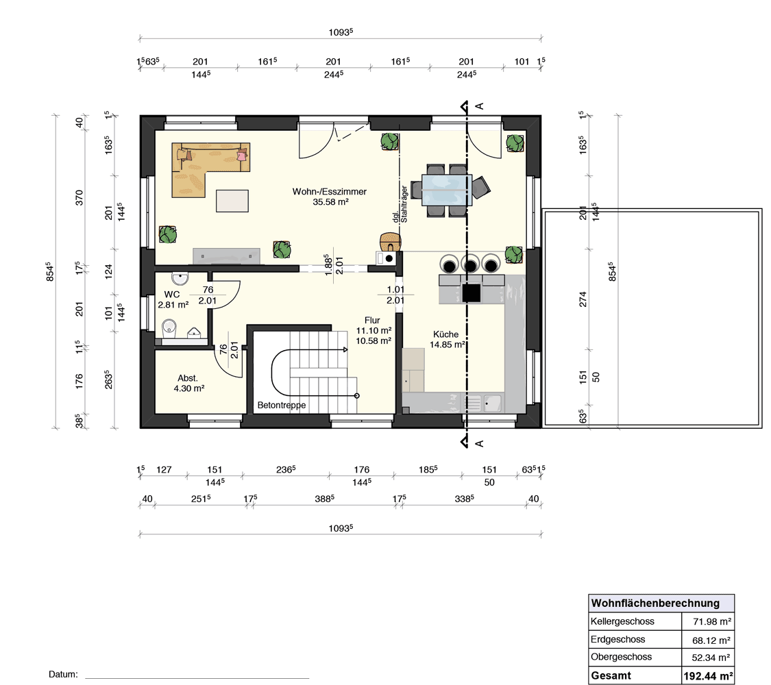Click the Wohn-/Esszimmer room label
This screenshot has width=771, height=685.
[330, 192]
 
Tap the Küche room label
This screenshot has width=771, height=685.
[445, 334]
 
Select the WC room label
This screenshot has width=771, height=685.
[171, 295]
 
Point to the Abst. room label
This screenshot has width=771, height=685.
[188, 378]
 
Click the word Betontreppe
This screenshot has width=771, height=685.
[282, 406]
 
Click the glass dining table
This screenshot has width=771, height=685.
[446, 190]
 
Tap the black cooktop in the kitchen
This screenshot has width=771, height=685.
[471, 293]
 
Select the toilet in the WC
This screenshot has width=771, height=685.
[169, 326]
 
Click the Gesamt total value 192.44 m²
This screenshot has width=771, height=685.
[708, 676]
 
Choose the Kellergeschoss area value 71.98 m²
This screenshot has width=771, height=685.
[711, 621]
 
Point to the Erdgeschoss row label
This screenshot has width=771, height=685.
[618, 639]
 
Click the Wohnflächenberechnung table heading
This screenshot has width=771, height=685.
[655, 603]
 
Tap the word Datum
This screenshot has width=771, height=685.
[63, 674]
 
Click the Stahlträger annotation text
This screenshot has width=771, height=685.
[404, 204]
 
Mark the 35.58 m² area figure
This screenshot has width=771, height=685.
[330, 201]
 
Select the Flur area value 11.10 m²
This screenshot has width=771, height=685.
[374, 331]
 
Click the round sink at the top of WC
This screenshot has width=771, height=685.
[180, 279]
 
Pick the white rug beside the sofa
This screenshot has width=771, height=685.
[232, 201]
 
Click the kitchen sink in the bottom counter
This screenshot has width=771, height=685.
[492, 403]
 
